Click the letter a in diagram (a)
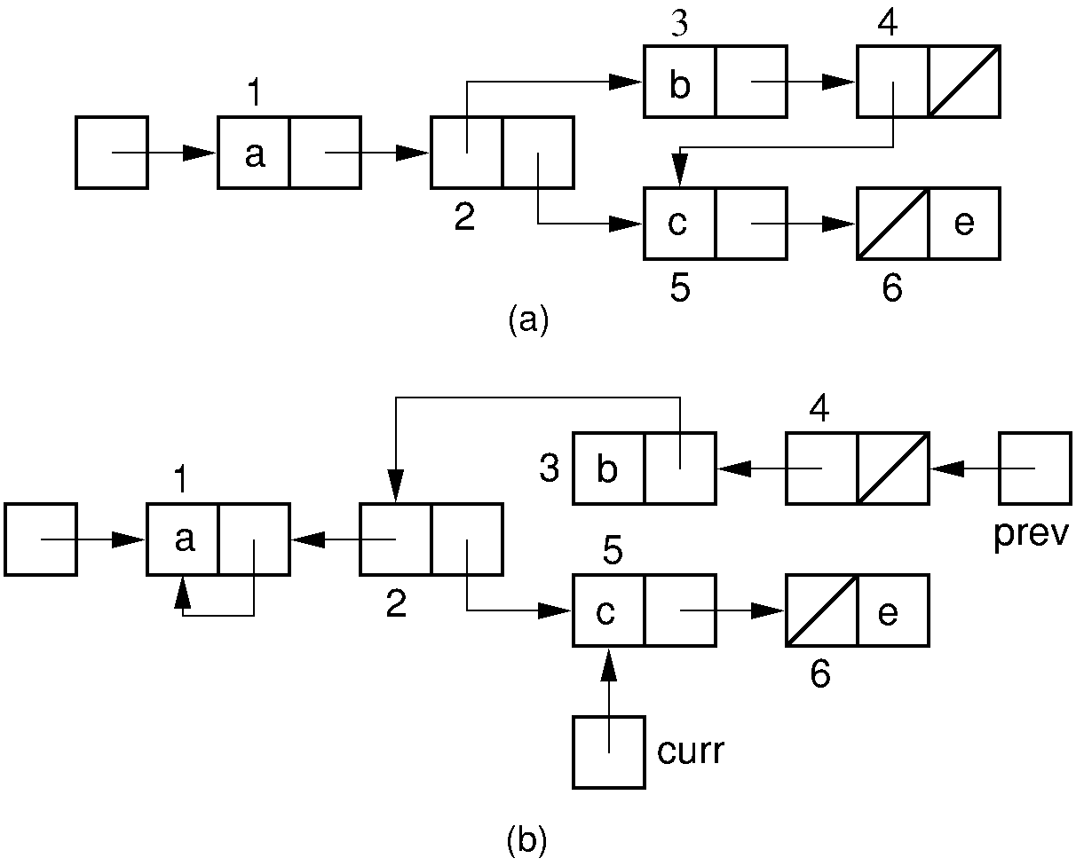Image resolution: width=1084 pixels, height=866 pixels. tap(254, 154)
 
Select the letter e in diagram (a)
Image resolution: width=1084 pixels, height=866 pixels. tap(963, 224)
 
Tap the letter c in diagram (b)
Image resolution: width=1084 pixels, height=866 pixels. tap(606, 612)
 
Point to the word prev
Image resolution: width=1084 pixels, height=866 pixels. tap(1033, 535)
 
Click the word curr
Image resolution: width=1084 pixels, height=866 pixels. tap(691, 752)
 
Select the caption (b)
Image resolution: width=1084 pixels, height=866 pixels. tap(526, 841)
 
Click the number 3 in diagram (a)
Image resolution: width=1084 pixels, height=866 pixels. tap(679, 25)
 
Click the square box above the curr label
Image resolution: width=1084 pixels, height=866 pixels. tap(609, 752)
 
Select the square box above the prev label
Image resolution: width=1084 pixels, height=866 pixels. tap(1034, 468)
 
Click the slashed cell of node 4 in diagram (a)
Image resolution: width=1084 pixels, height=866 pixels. tap(964, 82)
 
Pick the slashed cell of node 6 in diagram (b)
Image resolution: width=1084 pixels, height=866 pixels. tap(821, 610)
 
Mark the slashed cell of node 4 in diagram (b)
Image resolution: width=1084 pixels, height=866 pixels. tap(893, 468)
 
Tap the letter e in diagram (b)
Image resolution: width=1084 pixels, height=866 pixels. tap(889, 612)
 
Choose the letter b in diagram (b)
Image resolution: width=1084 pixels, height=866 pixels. tap(607, 469)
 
